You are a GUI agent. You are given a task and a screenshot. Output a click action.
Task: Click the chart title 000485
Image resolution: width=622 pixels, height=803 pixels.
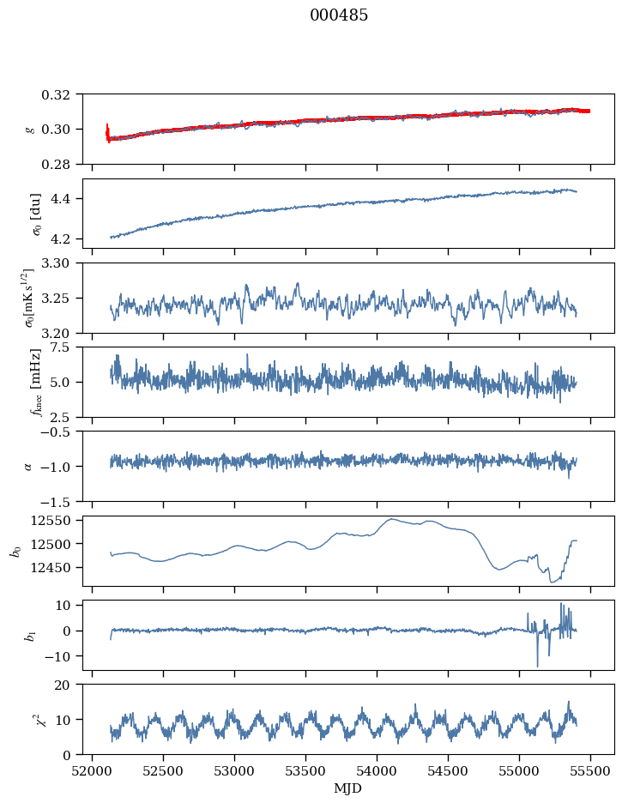(x=339, y=15)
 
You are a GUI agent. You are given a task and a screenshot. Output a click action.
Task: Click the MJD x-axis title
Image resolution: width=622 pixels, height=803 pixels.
(x=348, y=788)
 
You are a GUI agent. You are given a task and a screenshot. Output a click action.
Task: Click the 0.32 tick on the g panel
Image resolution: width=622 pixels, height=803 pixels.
(x=62, y=94)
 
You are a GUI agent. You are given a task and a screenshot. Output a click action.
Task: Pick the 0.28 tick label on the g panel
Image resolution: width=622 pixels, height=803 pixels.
(x=62, y=164)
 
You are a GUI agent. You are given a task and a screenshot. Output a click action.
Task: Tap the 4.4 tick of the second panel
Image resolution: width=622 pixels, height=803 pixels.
(x=68, y=199)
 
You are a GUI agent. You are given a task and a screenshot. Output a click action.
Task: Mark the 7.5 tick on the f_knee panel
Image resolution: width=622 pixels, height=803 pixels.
(x=68, y=347)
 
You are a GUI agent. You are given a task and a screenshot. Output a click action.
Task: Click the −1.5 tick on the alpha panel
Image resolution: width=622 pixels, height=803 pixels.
(x=63, y=501)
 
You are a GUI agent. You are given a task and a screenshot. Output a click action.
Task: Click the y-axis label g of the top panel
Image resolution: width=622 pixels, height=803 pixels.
(x=31, y=129)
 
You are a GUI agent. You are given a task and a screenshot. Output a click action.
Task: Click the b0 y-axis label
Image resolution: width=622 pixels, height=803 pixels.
(x=15, y=549)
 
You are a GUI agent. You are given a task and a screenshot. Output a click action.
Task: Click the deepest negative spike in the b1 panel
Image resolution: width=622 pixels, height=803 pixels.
(x=538, y=666)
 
